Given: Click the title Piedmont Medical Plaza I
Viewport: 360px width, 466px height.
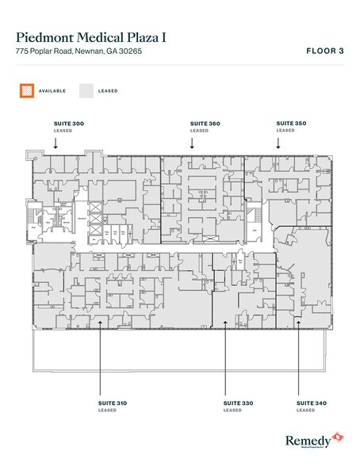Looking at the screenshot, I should point(101,36).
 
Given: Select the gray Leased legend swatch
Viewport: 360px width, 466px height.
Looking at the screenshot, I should point(86,90).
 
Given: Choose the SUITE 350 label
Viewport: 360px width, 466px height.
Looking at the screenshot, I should point(289,124).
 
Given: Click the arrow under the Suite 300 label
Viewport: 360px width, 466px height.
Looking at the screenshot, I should point(56,143).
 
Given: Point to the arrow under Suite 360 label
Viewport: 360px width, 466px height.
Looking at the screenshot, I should point(192,143).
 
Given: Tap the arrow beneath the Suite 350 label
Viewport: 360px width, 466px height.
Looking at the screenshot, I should point(278,143).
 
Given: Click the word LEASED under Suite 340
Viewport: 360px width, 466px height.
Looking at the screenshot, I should point(305,411).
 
